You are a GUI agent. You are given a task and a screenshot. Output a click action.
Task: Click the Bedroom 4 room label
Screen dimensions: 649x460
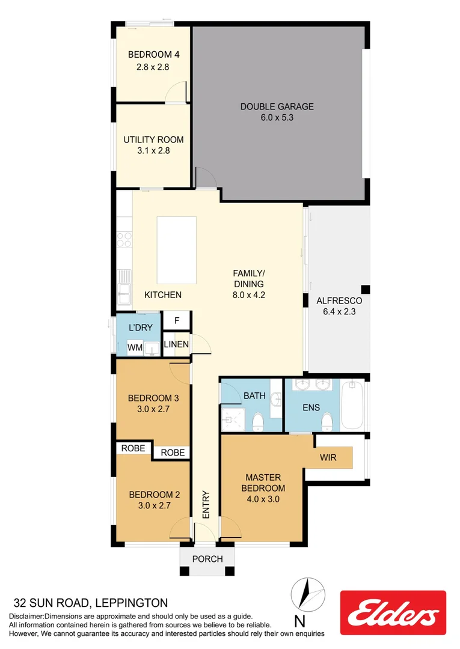(153, 55)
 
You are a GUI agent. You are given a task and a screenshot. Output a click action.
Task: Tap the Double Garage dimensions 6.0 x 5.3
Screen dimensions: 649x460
(277, 118)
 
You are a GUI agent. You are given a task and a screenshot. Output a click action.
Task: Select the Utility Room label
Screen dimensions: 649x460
(153, 139)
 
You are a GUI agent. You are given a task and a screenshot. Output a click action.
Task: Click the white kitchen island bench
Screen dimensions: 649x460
(176, 250)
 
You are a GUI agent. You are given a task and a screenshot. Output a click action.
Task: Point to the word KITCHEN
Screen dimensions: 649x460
(163, 294)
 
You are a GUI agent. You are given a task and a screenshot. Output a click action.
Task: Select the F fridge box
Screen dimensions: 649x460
(177, 320)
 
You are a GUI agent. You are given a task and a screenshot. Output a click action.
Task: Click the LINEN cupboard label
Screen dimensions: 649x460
(177, 344)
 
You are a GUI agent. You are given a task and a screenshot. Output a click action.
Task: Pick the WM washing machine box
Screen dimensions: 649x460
(135, 347)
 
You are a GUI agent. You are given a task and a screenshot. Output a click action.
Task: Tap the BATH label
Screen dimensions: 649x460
(254, 395)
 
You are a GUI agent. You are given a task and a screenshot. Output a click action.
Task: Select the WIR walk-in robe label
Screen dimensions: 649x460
(328, 458)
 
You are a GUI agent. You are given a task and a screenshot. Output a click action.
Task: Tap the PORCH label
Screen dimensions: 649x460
(207, 559)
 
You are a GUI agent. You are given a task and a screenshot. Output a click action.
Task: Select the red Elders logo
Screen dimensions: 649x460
(393, 612)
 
